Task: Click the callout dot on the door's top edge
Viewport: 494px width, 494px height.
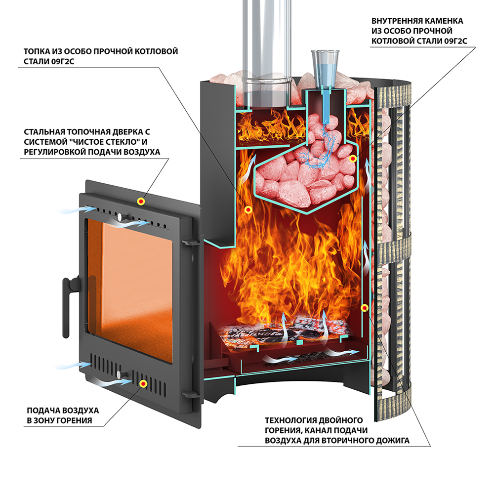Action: coord(141,201)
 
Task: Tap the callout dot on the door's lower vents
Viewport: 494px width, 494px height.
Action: coord(143,383)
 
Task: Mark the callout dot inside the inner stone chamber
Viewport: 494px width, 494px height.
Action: coord(352,159)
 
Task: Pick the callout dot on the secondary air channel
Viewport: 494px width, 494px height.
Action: coord(365,308)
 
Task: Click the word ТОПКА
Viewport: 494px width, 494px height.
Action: coord(37,51)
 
